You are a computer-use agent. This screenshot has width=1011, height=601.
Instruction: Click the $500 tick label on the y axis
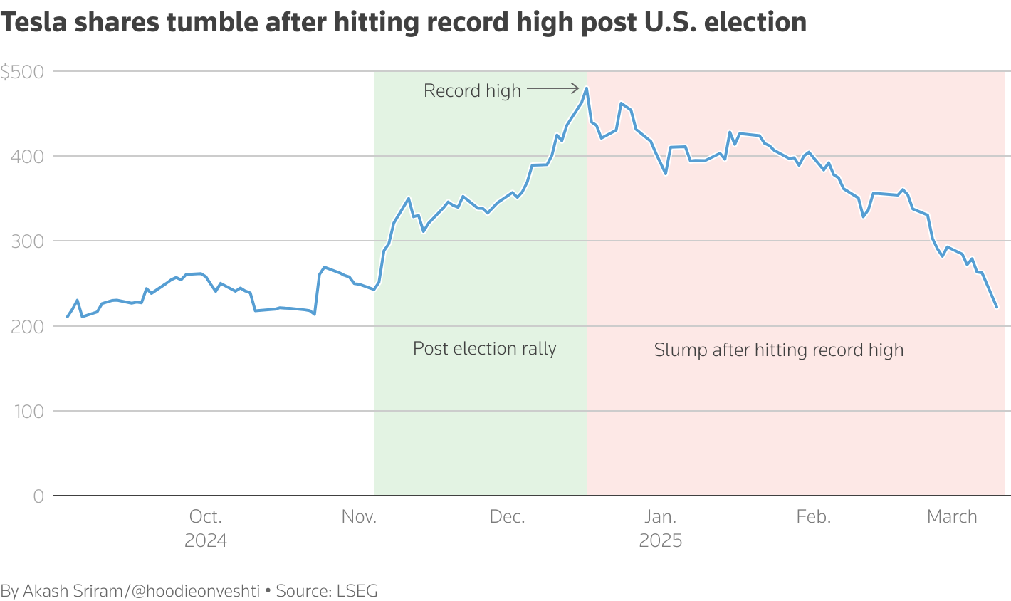(x=22, y=72)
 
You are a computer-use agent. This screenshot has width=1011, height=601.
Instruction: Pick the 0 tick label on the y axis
(x=38, y=496)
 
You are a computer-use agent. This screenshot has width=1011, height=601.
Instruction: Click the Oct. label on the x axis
(x=206, y=517)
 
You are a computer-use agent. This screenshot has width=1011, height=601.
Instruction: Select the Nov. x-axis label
(x=359, y=517)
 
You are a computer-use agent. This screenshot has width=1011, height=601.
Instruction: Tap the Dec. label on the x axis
(x=508, y=517)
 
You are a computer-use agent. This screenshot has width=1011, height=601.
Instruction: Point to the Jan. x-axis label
(x=661, y=517)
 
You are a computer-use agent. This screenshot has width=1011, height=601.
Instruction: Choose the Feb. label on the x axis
(x=814, y=517)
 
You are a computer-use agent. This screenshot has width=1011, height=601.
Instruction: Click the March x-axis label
(x=952, y=517)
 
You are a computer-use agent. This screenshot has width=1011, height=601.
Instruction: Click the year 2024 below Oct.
(x=206, y=541)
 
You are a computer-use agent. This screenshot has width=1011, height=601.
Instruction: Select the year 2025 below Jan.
(x=661, y=541)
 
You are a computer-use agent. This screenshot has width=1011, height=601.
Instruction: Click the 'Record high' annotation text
(x=472, y=91)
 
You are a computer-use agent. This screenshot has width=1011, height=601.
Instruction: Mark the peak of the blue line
(x=586, y=88)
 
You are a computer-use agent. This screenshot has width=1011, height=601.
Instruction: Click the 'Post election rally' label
(x=485, y=349)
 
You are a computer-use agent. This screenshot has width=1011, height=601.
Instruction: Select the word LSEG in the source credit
(x=356, y=591)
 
